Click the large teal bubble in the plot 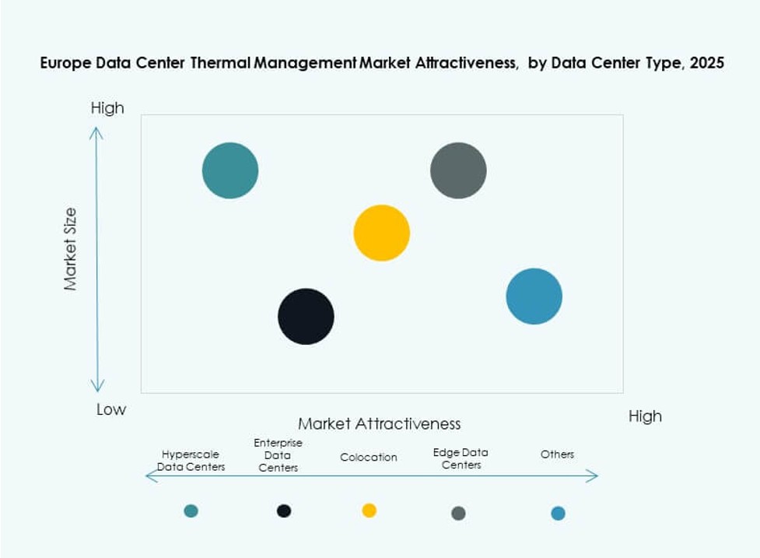click(229, 170)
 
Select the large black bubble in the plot click(306, 316)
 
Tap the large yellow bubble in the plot click(381, 233)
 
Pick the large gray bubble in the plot click(458, 170)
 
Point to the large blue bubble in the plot click(534, 296)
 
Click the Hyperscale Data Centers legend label click(191, 460)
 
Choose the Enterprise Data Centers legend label click(278, 454)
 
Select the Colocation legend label click(369, 457)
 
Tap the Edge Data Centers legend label click(461, 458)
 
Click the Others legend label click(557, 454)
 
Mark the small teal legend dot click(191, 511)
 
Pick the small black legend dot click(284, 511)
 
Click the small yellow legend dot click(369, 510)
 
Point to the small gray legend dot click(458, 513)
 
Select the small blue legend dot click(558, 513)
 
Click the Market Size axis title click(72, 249)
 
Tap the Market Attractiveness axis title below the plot click(379, 423)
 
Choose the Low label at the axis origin click(110, 409)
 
